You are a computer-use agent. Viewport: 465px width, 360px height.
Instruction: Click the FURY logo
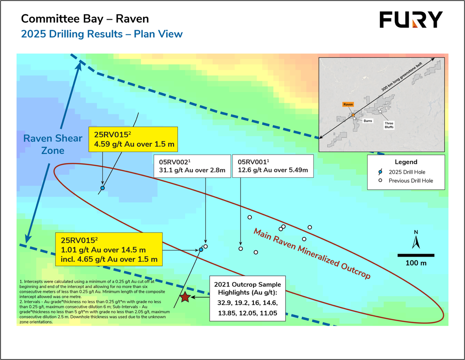tap(411, 20)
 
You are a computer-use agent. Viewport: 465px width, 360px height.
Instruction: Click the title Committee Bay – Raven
tap(85, 19)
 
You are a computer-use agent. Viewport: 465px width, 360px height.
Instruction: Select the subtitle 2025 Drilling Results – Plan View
tap(102, 34)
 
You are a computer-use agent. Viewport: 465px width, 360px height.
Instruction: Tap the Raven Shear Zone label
tap(53, 144)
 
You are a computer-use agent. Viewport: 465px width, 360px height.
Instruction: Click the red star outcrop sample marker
tap(185, 297)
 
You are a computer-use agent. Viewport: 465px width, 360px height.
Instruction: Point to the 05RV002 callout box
tap(192, 166)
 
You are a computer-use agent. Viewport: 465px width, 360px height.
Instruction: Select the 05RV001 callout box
tap(273, 166)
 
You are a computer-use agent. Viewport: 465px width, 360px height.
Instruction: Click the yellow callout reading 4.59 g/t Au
tap(133, 140)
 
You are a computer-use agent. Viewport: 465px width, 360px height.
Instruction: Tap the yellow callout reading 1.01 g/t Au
tap(109, 250)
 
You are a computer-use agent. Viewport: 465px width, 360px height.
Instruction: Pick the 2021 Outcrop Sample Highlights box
tap(247, 299)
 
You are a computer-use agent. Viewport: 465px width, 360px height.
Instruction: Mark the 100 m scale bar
tap(416, 255)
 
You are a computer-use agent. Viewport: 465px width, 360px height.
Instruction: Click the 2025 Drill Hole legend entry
tap(407, 172)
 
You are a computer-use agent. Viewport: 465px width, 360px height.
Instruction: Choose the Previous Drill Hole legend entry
tap(410, 181)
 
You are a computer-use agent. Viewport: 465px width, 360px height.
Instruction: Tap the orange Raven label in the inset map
tap(348, 104)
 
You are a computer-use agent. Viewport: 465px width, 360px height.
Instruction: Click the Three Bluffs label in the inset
tap(389, 125)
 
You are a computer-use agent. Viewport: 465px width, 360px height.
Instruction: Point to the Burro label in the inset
tap(368, 121)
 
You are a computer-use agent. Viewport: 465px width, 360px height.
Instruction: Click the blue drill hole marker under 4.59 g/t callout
tap(103, 188)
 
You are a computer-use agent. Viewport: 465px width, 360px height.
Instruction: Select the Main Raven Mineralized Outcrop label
tap(312, 253)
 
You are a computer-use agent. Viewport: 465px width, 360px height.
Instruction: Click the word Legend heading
tap(406, 162)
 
